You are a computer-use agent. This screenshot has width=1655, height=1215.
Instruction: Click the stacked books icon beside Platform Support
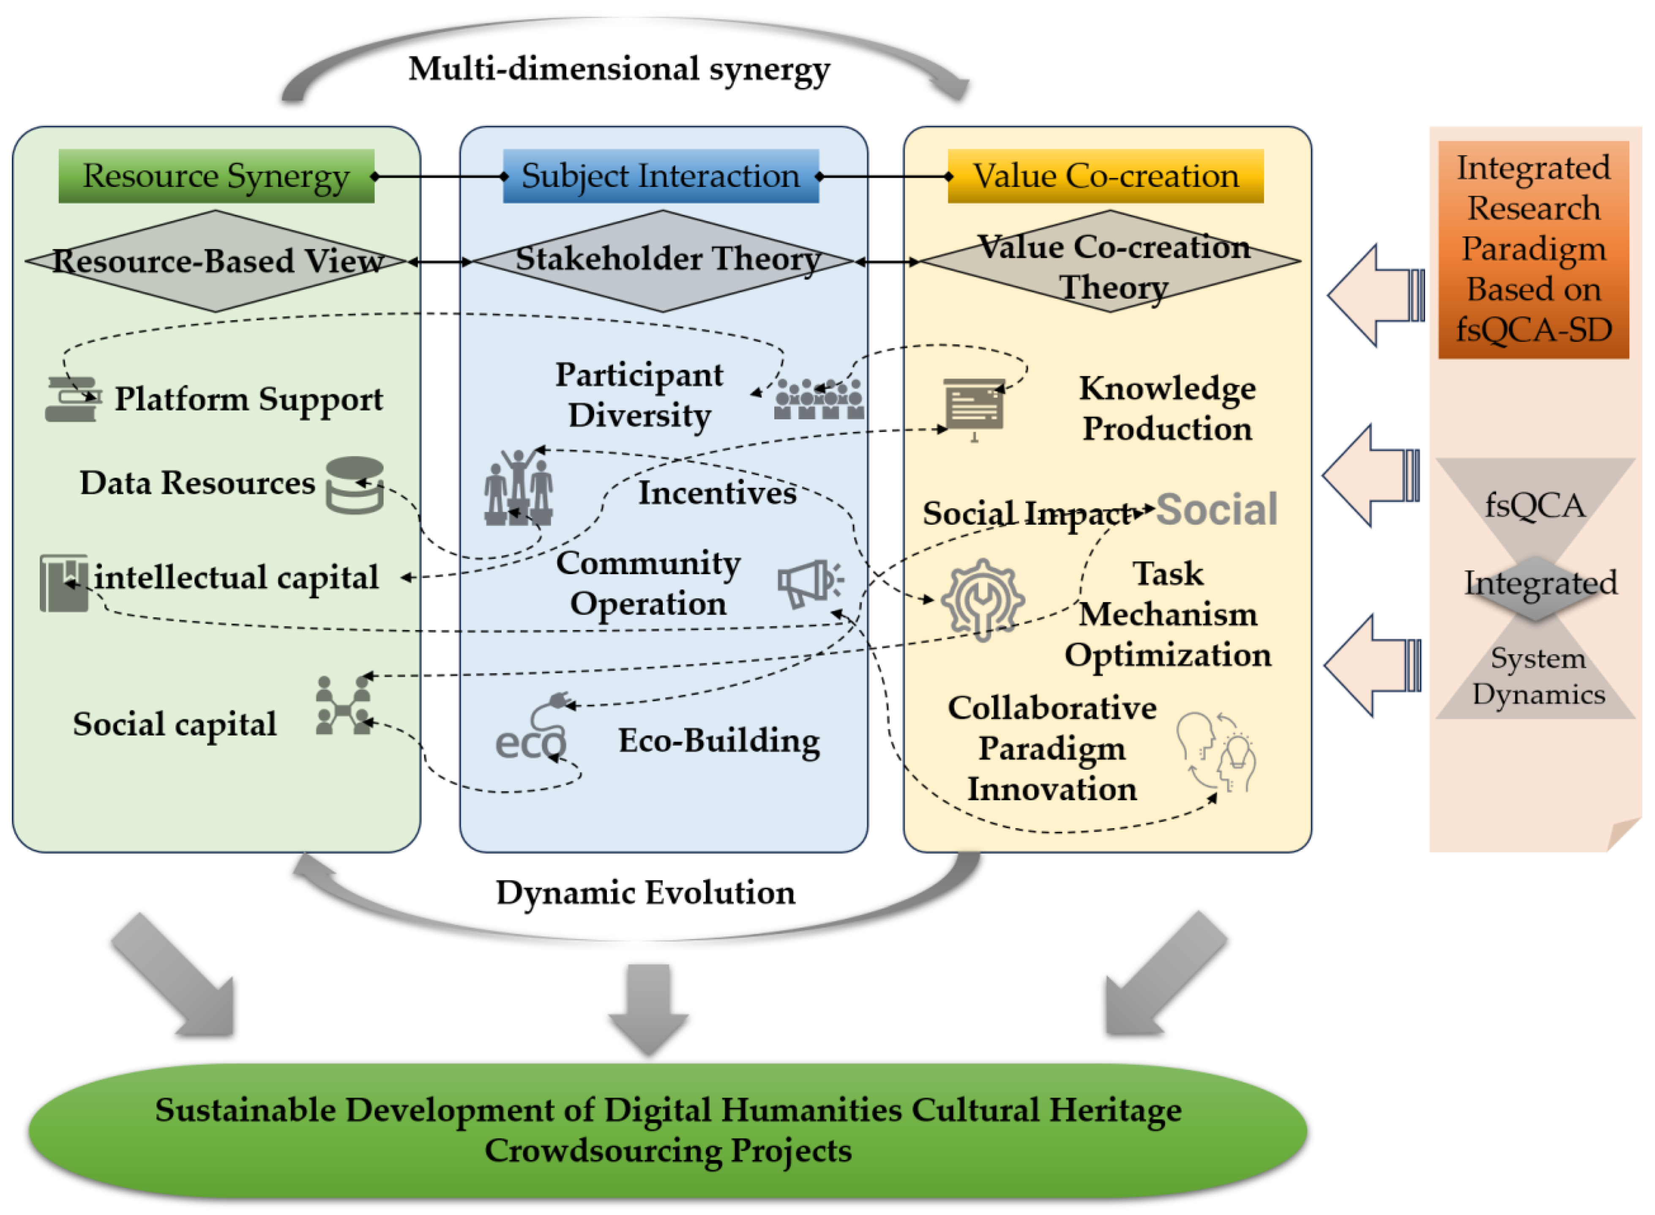[72, 400]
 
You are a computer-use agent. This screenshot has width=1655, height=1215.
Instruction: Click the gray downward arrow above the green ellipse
[648, 1007]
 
